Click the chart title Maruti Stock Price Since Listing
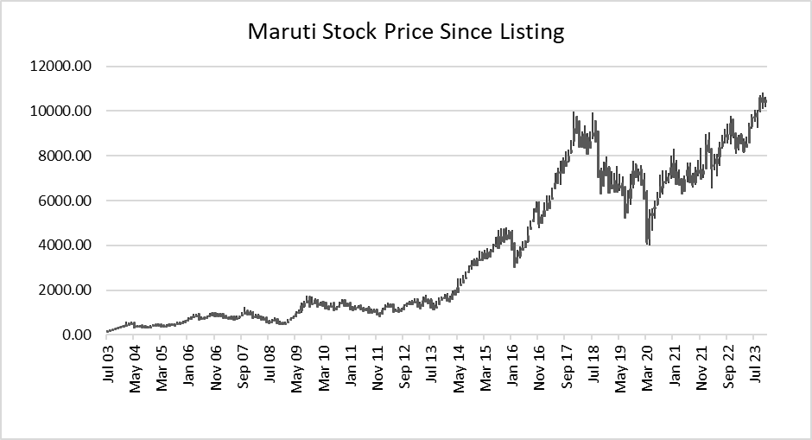pyautogui.click(x=406, y=33)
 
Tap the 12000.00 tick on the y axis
pyautogui.click(x=60, y=67)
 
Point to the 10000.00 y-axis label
pyautogui.click(x=60, y=112)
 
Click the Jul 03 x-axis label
pyautogui.click(x=108, y=367)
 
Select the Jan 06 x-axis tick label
pyautogui.click(x=188, y=367)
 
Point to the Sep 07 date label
pyautogui.click(x=243, y=367)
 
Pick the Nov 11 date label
pyautogui.click(x=378, y=367)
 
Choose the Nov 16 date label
pyautogui.click(x=539, y=367)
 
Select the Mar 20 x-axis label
pyautogui.click(x=645, y=367)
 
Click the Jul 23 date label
pyautogui.click(x=752, y=367)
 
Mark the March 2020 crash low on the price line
pyautogui.click(x=648, y=244)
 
